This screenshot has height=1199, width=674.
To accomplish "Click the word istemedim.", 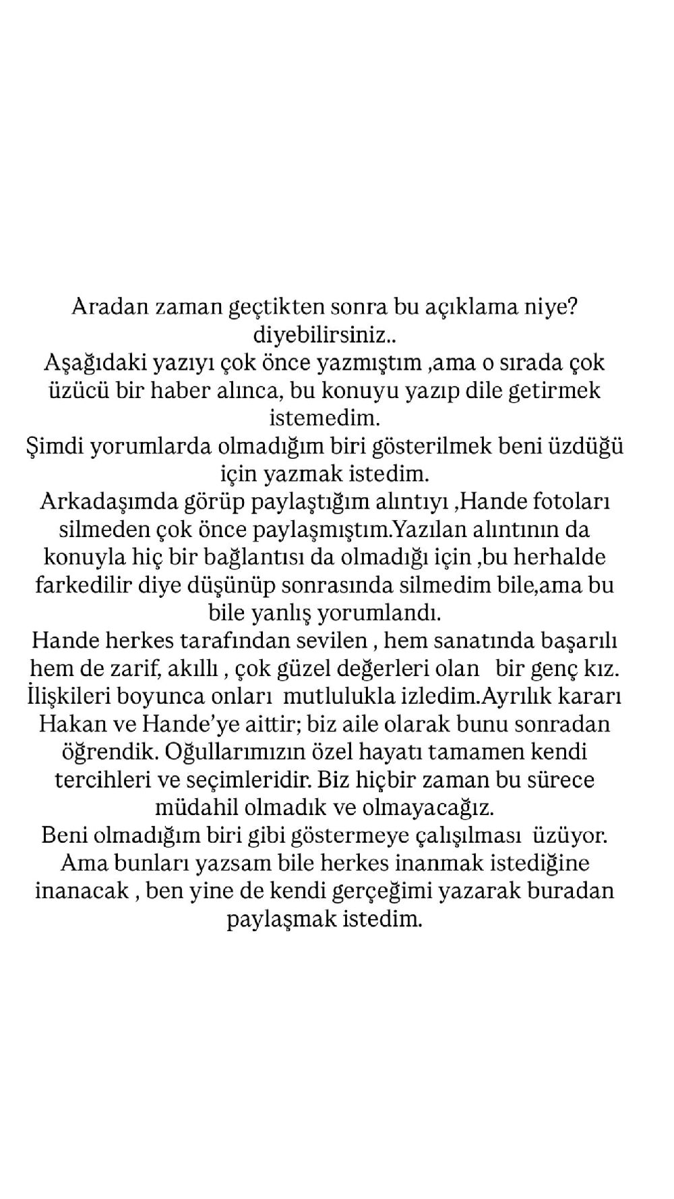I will [x=325, y=418].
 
